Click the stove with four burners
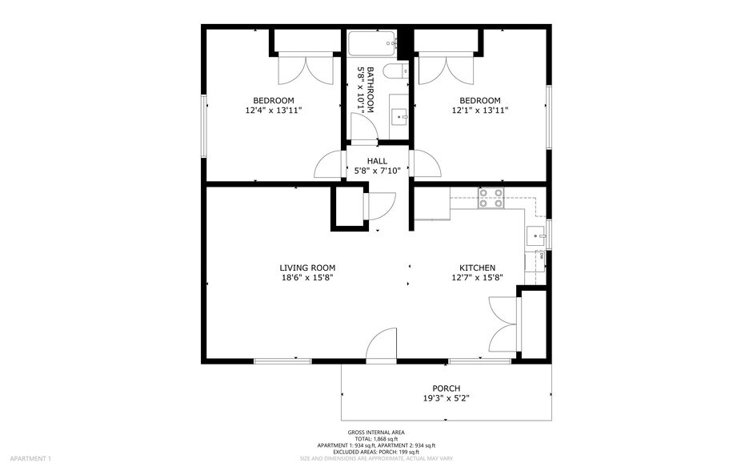491,198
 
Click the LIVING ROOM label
307,268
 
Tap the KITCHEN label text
477,268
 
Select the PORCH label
447,388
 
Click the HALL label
377,161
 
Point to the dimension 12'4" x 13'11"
274,111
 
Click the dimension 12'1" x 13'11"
480,111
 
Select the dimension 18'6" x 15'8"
307,278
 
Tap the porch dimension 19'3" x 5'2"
447,398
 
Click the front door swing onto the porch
383,345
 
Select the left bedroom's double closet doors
298,69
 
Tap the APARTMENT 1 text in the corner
26,458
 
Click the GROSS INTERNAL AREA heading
376,433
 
